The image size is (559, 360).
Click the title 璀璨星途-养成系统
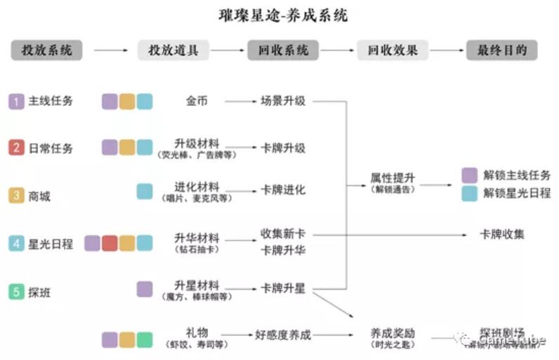point(279,14)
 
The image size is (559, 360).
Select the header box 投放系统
point(47,50)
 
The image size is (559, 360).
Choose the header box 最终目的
point(502,50)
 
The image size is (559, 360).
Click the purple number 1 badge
point(17,101)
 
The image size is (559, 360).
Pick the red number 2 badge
point(17,148)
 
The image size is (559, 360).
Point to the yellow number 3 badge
point(17,196)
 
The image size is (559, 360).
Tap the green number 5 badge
point(17,291)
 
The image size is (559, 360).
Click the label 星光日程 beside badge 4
point(51,244)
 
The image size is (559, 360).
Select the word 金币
point(197,101)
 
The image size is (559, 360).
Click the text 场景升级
point(283,101)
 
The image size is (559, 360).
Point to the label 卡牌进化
point(283,190)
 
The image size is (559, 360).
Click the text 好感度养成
point(283,335)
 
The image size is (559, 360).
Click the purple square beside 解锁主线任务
point(470,175)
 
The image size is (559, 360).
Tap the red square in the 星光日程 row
point(110,244)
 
